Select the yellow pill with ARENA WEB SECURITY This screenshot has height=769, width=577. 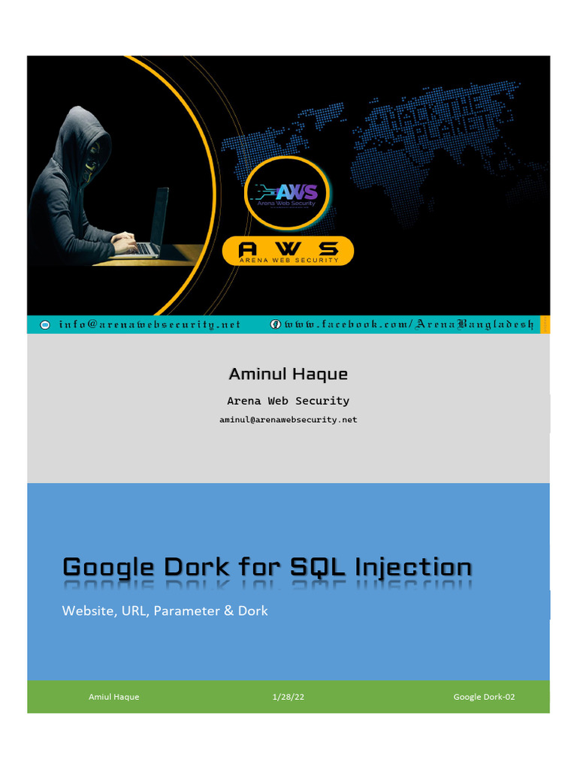click(287, 250)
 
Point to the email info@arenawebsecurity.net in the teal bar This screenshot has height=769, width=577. click(150, 324)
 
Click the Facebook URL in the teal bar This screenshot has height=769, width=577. click(409, 324)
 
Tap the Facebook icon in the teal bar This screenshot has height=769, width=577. click(276, 324)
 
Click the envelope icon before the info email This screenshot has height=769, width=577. click(44, 324)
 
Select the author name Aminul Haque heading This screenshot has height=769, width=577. click(288, 373)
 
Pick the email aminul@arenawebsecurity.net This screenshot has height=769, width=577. click(288, 420)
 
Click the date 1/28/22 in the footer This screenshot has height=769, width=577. click(288, 697)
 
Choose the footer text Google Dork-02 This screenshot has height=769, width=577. click(484, 697)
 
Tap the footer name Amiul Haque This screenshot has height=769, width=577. click(113, 697)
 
